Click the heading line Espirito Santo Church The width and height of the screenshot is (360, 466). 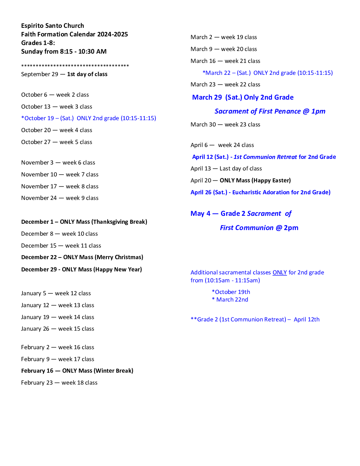click(x=53, y=26)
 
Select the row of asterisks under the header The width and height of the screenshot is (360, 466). click(x=75, y=66)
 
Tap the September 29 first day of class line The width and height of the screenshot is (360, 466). click(x=64, y=74)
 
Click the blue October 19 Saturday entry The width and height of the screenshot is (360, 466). click(x=89, y=118)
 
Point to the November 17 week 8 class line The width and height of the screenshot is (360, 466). click(x=60, y=186)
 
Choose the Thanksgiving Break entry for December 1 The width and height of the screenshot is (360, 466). click(x=84, y=222)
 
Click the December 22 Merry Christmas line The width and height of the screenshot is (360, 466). click(x=82, y=257)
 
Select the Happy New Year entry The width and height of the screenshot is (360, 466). click(x=81, y=269)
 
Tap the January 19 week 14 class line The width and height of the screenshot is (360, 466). click(x=58, y=317)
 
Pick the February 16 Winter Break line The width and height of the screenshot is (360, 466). click(x=77, y=371)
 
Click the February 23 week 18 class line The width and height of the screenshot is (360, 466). click(x=59, y=383)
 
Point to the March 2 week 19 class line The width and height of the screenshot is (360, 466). click(x=224, y=37)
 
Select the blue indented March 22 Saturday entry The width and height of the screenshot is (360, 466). click(x=268, y=73)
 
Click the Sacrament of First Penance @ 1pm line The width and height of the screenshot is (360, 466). click(x=270, y=111)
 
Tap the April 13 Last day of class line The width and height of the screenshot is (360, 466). click(x=226, y=168)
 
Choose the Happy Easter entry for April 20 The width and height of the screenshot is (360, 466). click(x=241, y=180)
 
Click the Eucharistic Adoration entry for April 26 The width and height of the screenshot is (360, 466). click(x=260, y=192)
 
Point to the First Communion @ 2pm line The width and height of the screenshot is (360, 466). click(x=259, y=228)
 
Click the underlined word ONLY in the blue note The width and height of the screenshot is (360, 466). click(x=280, y=272)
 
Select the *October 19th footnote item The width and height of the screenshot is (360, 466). click(x=231, y=292)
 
